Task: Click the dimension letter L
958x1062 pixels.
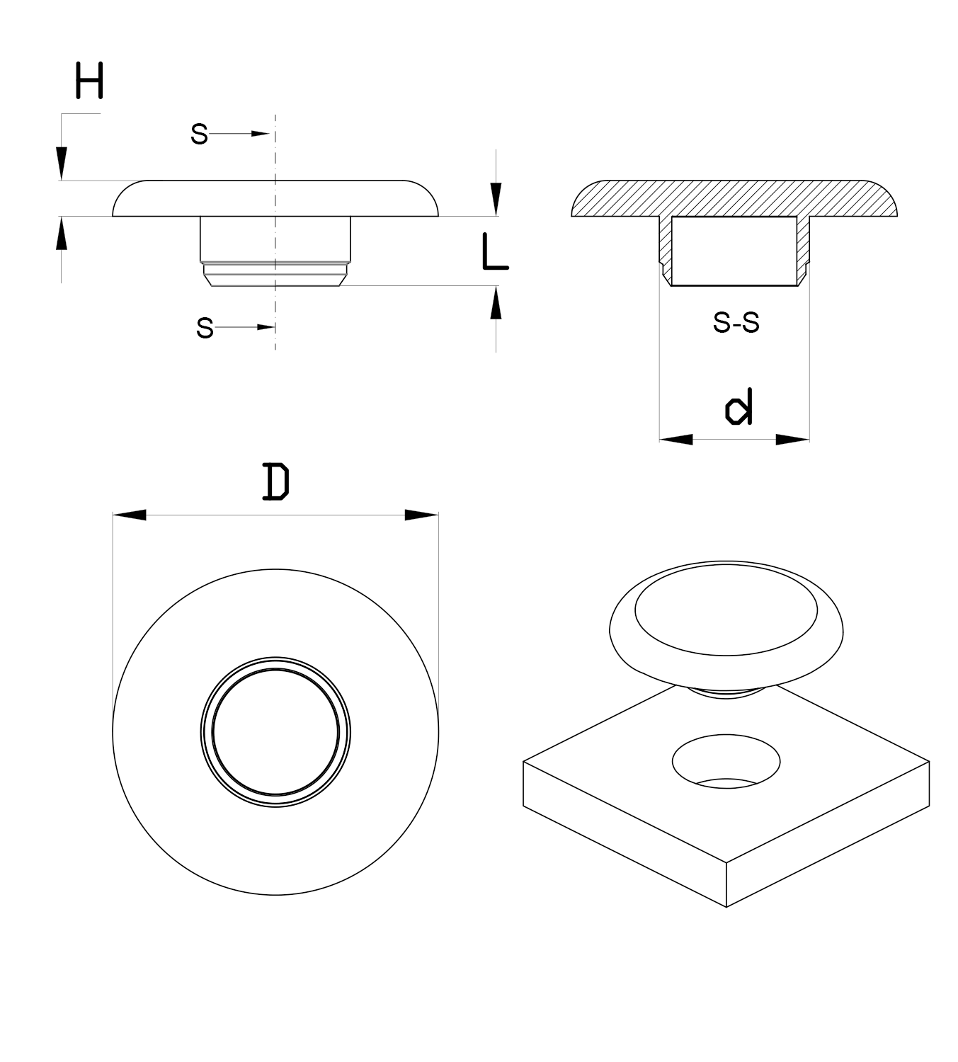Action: pyautogui.click(x=494, y=253)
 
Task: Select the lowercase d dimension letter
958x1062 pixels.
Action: pyautogui.click(x=739, y=407)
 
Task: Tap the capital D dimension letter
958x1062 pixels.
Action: pyautogui.click(x=275, y=481)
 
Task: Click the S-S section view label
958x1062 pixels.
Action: pyautogui.click(x=736, y=323)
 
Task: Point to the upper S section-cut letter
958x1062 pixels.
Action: pyautogui.click(x=199, y=134)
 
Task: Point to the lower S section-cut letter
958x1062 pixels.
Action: pyautogui.click(x=205, y=328)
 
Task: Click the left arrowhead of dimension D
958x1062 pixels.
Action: pyautogui.click(x=130, y=515)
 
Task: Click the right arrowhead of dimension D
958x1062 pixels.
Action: pyautogui.click(x=421, y=515)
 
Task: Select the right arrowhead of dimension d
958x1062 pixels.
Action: pyautogui.click(x=792, y=440)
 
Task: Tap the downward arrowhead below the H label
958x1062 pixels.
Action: pyautogui.click(x=62, y=164)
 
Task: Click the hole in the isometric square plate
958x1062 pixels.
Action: pyautogui.click(x=726, y=763)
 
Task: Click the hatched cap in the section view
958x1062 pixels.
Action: pyautogui.click(x=734, y=198)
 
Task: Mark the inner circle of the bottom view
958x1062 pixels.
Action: pyautogui.click(x=275, y=731)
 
